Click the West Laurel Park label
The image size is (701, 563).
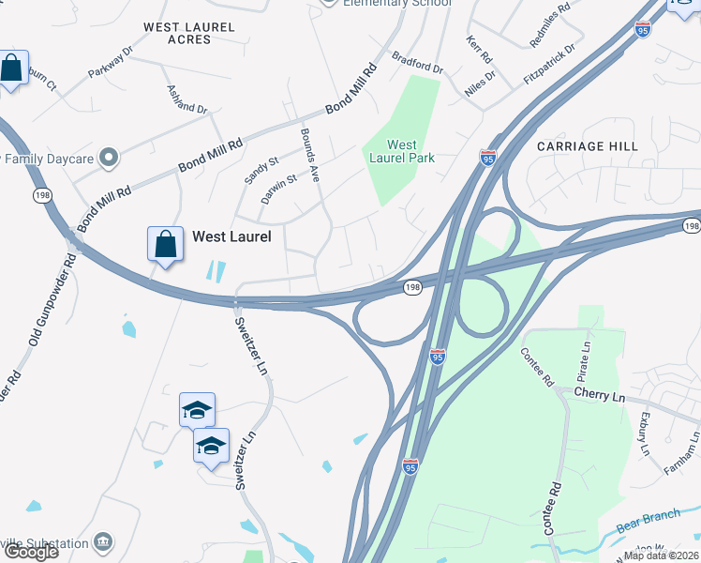[402, 151]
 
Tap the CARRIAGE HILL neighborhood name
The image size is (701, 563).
[588, 146]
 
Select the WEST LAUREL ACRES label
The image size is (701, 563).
[188, 34]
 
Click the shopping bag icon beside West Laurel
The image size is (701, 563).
[165, 244]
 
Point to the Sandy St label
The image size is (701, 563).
[261, 171]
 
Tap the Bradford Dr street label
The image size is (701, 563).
[417, 63]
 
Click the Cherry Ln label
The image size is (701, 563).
[599, 395]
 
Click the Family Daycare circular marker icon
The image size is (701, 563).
[110, 158]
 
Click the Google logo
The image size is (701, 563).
[31, 552]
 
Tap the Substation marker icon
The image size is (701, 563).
[103, 541]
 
